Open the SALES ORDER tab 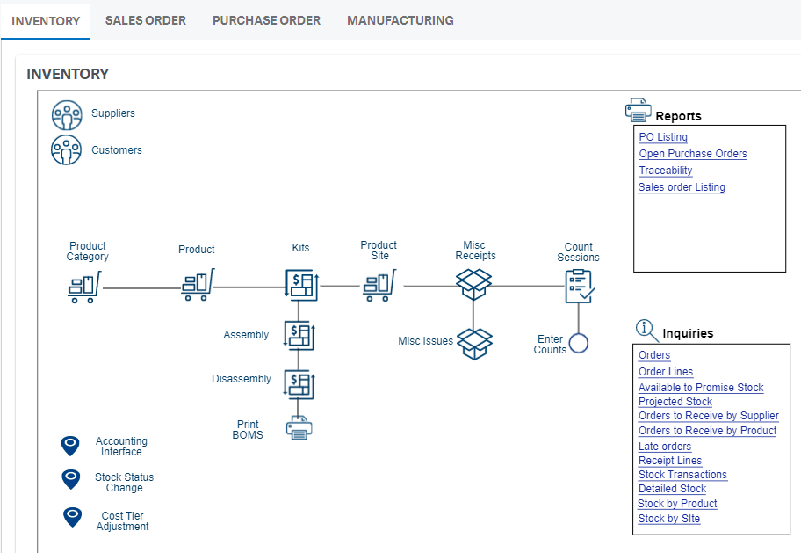point(145,20)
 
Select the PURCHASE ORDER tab point(266,20)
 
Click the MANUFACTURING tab point(400,20)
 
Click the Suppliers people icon point(67,114)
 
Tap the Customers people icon point(67,150)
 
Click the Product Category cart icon point(84,287)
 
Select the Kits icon point(300,286)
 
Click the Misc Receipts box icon point(473,285)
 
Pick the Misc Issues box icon point(474,343)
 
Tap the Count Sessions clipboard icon point(579,286)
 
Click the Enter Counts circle point(578,343)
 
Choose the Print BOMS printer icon point(299,429)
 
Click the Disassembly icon point(299,384)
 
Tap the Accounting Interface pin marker point(71,446)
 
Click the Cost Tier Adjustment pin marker point(73,517)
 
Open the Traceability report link point(665,171)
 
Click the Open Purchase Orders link point(692,154)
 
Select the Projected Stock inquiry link point(675,402)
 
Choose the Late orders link point(664,447)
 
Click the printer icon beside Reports point(638,110)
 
